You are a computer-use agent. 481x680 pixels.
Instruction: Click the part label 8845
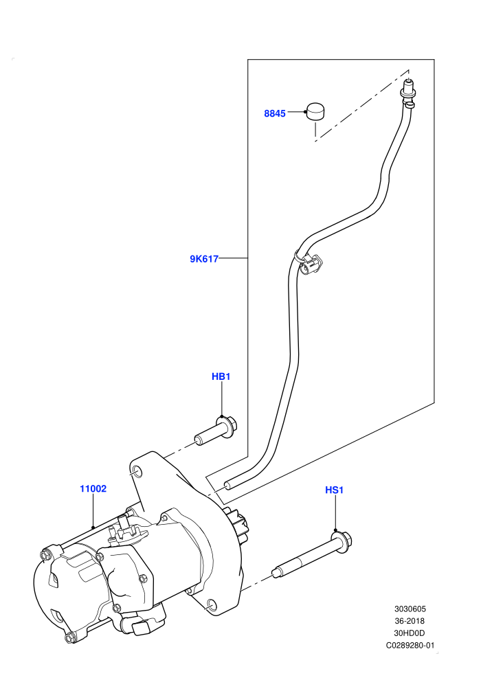(275, 113)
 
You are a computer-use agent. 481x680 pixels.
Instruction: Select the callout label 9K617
(204, 260)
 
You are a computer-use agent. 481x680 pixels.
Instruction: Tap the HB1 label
(221, 376)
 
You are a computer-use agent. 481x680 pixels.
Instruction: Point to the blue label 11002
(93, 489)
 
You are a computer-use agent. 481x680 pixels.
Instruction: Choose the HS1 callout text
(335, 490)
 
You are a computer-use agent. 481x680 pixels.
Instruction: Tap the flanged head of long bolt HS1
(343, 541)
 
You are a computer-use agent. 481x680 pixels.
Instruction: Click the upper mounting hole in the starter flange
(136, 471)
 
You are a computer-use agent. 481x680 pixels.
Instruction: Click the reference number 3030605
(410, 609)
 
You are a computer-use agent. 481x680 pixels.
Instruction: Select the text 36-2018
(410, 621)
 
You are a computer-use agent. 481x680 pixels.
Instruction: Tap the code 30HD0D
(410, 633)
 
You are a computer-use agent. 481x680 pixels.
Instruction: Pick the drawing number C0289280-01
(410, 645)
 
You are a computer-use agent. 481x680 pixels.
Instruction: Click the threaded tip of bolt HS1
(275, 573)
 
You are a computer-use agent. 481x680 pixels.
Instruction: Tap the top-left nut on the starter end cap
(45, 555)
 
